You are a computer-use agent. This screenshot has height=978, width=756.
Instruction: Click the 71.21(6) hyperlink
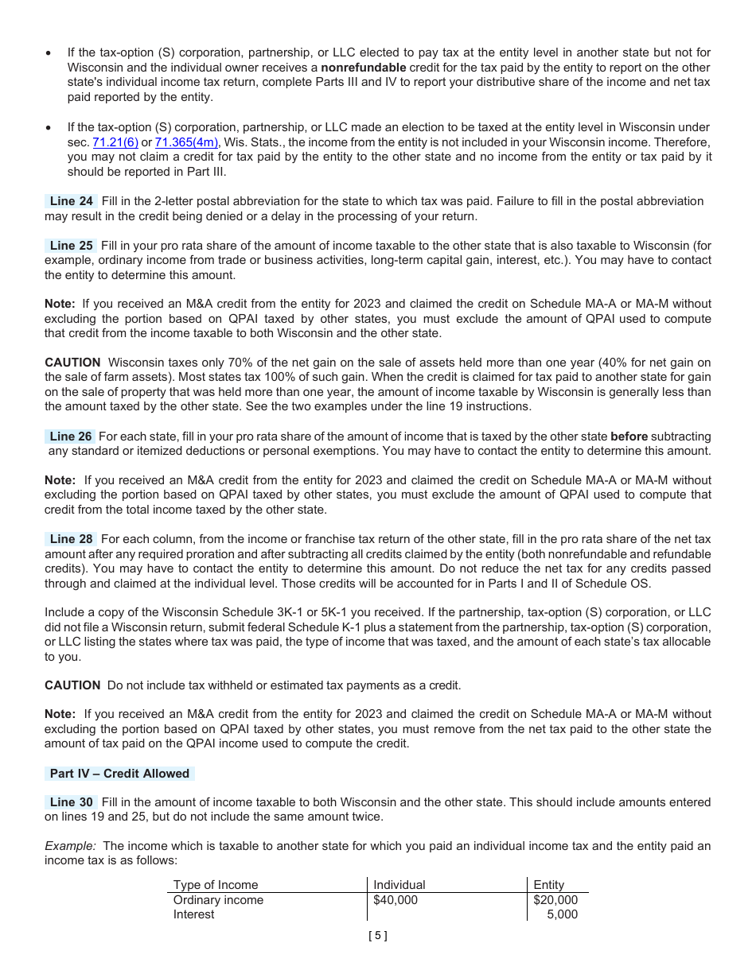(x=115, y=142)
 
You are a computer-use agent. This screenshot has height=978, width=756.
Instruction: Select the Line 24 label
(x=71, y=201)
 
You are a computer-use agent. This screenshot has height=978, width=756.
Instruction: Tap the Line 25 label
(x=71, y=246)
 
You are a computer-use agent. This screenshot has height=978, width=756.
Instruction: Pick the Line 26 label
(x=70, y=437)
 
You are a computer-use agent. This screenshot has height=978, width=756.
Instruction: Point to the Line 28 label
(x=71, y=539)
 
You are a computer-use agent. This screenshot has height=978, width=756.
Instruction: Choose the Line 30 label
(x=71, y=802)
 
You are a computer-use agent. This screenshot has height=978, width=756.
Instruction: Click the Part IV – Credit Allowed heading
(x=119, y=774)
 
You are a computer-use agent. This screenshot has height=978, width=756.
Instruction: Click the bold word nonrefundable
(x=363, y=68)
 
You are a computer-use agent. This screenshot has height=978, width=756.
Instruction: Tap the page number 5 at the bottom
(x=378, y=936)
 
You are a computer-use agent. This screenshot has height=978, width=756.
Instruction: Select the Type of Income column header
(x=216, y=885)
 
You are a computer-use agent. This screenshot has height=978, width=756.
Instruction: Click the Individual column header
(x=399, y=885)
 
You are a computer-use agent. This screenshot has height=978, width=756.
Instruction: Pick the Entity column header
(x=548, y=885)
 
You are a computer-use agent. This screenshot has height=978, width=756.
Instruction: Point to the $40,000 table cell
(x=396, y=900)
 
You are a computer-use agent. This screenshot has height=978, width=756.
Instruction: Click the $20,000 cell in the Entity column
(x=555, y=900)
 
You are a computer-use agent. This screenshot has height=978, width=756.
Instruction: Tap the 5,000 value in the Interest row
(x=563, y=914)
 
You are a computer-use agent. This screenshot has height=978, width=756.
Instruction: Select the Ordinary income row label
(x=218, y=900)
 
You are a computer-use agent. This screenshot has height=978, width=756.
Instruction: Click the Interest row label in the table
(x=193, y=914)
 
